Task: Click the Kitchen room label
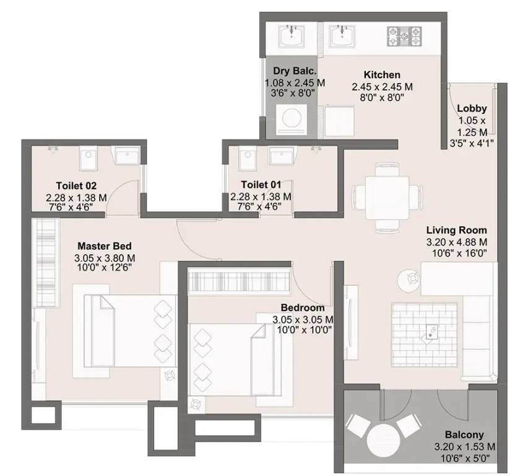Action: [x=382, y=74]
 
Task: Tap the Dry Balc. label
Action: [x=291, y=71]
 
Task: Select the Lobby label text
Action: [x=472, y=108]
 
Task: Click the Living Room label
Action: [x=456, y=230]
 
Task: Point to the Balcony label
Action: [x=464, y=434]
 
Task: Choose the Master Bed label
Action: [x=104, y=246]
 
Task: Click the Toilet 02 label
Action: [x=76, y=185]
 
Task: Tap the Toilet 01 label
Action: [x=261, y=185]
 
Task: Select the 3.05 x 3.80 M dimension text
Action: [x=104, y=258]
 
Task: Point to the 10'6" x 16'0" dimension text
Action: [x=456, y=253]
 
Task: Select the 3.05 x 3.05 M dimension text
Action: [x=303, y=319]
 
